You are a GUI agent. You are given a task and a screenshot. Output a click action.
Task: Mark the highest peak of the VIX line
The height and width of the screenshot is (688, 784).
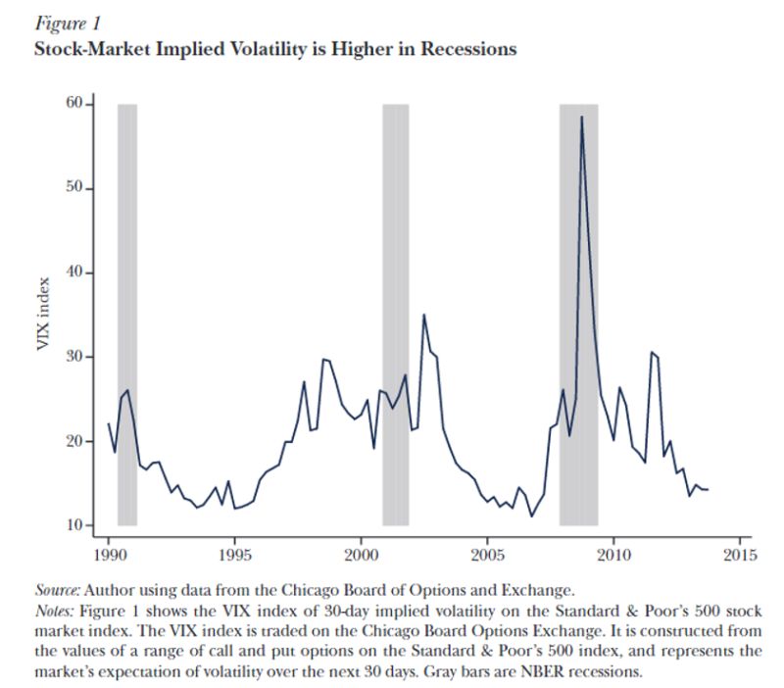(x=581, y=117)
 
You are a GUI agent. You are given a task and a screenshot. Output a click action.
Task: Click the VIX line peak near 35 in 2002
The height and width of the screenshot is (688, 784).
(x=423, y=316)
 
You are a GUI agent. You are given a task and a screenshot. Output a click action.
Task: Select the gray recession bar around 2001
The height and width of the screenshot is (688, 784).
(x=395, y=314)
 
